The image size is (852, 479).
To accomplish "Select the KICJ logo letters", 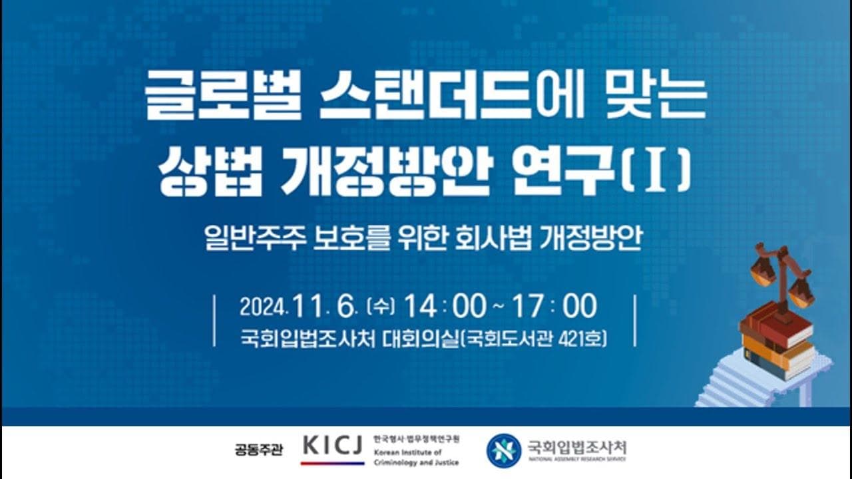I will (332, 445).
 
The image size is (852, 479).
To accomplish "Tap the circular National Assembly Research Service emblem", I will (503, 450).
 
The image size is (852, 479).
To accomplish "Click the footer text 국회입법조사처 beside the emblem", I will (576, 446).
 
